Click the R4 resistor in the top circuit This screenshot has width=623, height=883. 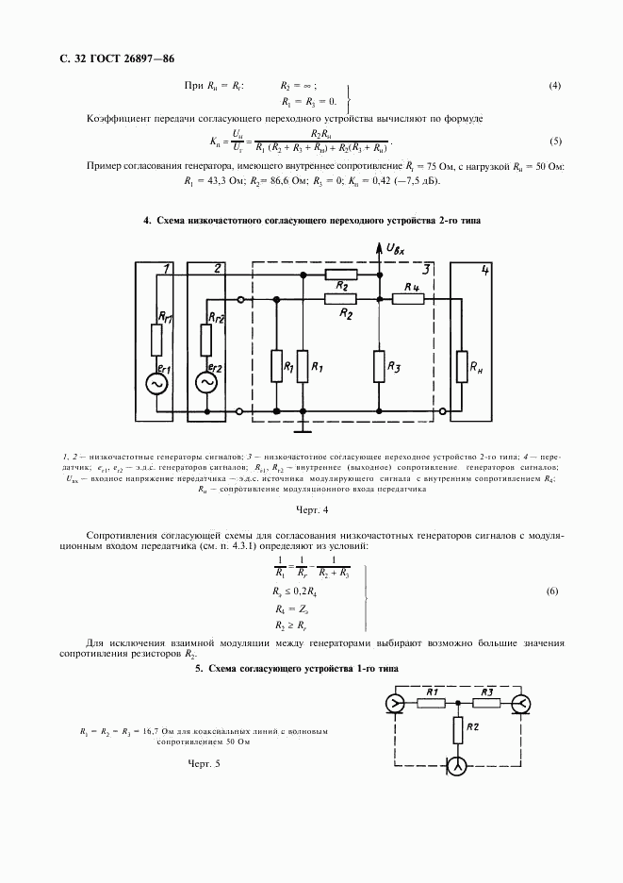pos(409,299)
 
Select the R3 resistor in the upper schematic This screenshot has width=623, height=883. pos(378,364)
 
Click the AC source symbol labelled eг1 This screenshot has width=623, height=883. pos(154,383)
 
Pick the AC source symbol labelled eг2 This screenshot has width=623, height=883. pos(205,383)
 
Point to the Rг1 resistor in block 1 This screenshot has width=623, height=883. pos(154,336)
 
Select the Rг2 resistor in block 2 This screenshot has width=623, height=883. pos(205,336)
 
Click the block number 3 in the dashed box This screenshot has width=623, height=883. pos(426,270)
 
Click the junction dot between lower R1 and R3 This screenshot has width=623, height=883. pos(458,702)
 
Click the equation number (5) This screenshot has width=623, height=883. pos(555,142)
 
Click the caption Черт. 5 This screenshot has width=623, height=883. pos(204,762)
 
